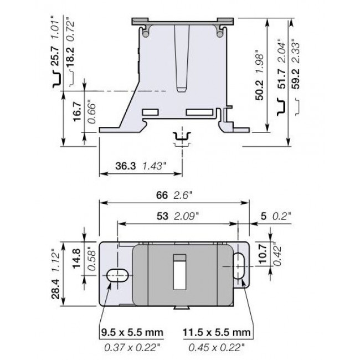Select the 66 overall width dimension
(162, 195)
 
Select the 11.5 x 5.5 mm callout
(215, 332)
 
